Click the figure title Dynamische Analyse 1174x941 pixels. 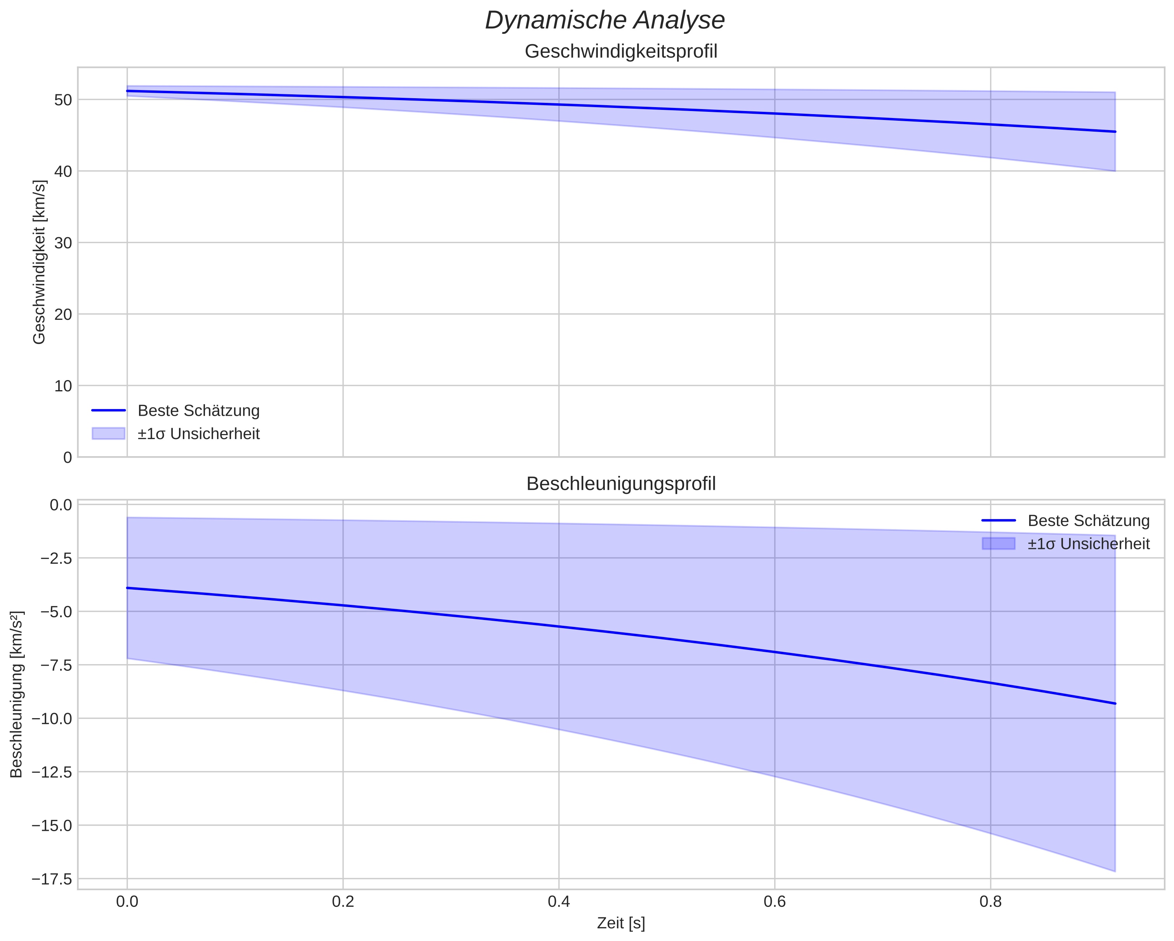pyautogui.click(x=604, y=21)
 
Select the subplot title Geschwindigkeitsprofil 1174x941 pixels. pyautogui.click(x=621, y=52)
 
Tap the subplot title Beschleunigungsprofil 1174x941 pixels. pyautogui.click(x=621, y=484)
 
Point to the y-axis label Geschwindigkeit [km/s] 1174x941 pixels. pyautogui.click(x=39, y=262)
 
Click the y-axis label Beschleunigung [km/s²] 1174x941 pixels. pyautogui.click(x=16, y=694)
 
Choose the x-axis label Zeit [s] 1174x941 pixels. pyautogui.click(x=621, y=923)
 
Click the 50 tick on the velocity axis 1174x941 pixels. pyautogui.click(x=64, y=100)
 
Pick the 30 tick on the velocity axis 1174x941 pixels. pyautogui.click(x=64, y=243)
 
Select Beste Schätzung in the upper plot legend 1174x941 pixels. pyautogui.click(x=198, y=411)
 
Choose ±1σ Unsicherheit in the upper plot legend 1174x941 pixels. pyautogui.click(x=198, y=434)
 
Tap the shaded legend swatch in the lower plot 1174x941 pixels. pyautogui.click(x=999, y=543)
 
